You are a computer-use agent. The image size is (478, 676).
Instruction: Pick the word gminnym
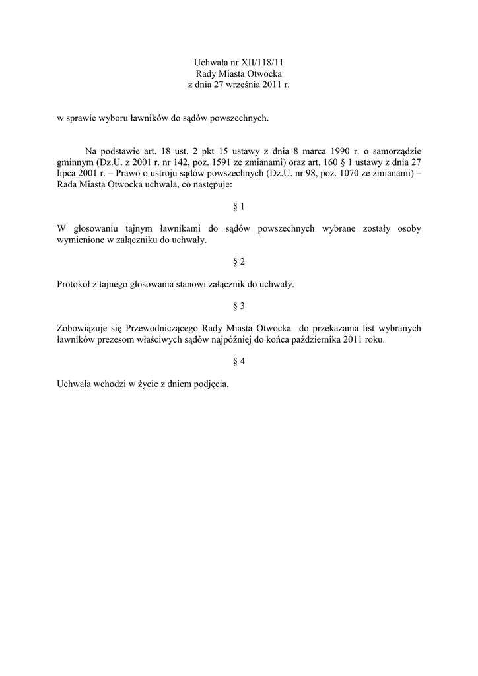[75, 163]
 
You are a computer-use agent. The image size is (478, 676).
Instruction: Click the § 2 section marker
[239, 262]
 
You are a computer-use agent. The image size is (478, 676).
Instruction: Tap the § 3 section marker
[239, 306]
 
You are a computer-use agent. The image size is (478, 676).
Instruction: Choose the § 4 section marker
[239, 361]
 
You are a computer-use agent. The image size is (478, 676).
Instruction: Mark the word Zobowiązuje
[83, 328]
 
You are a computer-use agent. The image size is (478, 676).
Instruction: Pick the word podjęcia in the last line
[211, 384]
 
